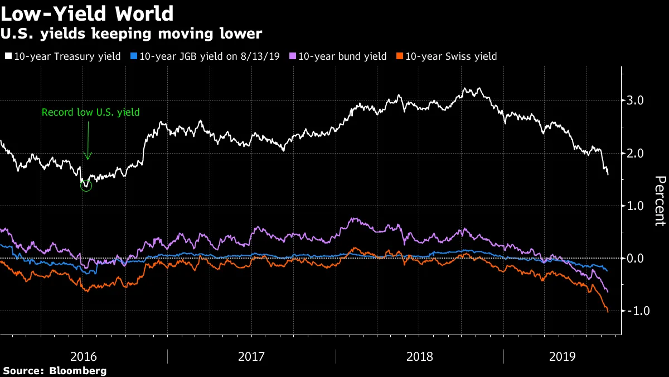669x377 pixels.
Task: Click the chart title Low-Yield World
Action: (x=88, y=13)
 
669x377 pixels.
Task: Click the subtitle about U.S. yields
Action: (x=132, y=34)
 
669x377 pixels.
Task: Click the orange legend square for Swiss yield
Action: (x=399, y=56)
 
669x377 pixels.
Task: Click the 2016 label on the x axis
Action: (x=84, y=356)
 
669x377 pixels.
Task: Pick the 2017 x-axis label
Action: (x=252, y=356)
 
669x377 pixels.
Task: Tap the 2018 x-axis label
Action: (x=420, y=356)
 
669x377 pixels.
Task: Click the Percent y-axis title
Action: (x=660, y=201)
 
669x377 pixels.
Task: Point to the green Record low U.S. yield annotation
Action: (x=90, y=112)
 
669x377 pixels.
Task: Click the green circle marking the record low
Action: (x=86, y=185)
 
